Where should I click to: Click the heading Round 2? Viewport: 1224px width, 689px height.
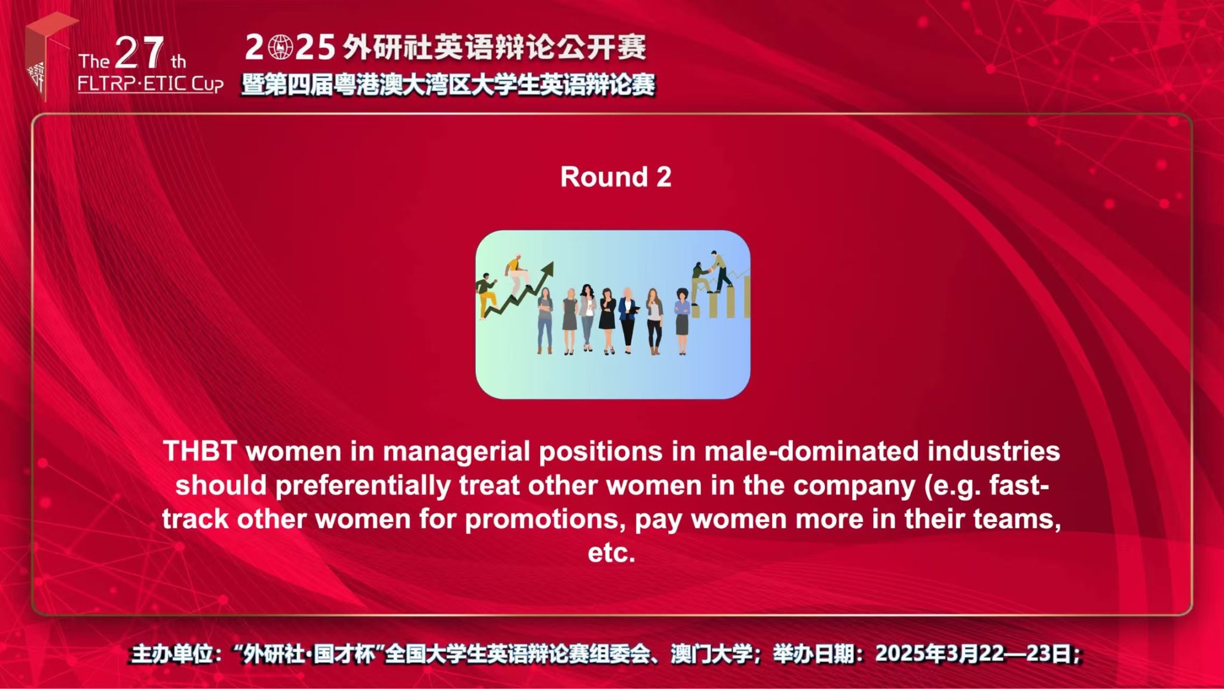pos(616,177)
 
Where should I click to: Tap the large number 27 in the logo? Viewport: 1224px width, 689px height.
pos(139,53)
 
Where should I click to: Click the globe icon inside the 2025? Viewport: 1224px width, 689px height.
pos(280,47)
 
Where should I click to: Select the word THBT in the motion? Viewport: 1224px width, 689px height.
pos(200,451)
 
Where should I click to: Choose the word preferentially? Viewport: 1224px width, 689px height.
pos(363,486)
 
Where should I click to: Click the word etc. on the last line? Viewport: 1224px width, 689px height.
pos(611,553)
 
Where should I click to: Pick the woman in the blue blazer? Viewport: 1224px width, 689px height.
pos(628,320)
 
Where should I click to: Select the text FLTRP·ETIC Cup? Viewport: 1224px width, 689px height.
pos(151,84)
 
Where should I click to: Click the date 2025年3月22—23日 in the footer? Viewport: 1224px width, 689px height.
pos(974,654)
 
